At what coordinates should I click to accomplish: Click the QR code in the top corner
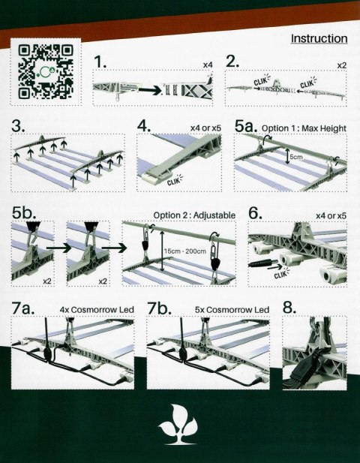(46, 74)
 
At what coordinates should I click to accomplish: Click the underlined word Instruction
(318, 38)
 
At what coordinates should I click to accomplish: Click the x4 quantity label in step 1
(208, 66)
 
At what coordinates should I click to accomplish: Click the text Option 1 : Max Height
(304, 129)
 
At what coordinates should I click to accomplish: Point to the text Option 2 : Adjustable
(194, 215)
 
